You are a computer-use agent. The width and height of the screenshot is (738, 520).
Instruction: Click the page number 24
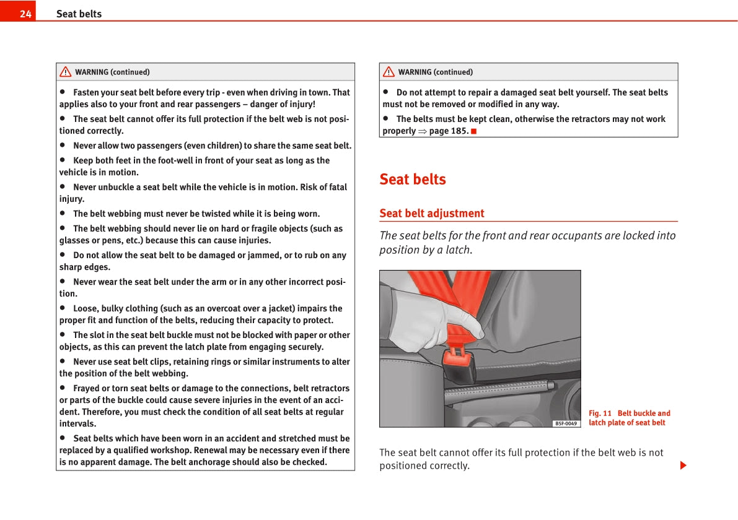click(25, 14)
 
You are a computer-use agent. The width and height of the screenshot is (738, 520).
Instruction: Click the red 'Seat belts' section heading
click(413, 179)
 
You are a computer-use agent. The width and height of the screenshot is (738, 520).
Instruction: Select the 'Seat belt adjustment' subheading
click(432, 214)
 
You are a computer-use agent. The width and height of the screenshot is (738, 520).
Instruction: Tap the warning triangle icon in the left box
click(65, 72)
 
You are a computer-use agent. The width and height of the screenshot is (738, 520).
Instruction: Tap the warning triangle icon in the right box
click(389, 72)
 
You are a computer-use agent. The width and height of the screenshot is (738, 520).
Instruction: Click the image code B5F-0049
click(566, 423)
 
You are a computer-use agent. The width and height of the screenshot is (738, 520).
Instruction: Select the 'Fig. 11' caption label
click(600, 414)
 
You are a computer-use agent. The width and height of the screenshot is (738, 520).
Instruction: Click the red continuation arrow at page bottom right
click(683, 465)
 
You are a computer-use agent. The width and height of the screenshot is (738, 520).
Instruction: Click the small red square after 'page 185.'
click(474, 131)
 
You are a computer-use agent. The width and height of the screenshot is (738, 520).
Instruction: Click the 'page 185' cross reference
click(447, 131)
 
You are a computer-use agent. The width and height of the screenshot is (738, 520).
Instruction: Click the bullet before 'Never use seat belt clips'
click(63, 362)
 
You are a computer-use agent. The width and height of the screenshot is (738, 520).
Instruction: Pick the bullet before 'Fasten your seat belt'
click(63, 92)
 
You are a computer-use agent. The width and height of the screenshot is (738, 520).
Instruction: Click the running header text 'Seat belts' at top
click(79, 14)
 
